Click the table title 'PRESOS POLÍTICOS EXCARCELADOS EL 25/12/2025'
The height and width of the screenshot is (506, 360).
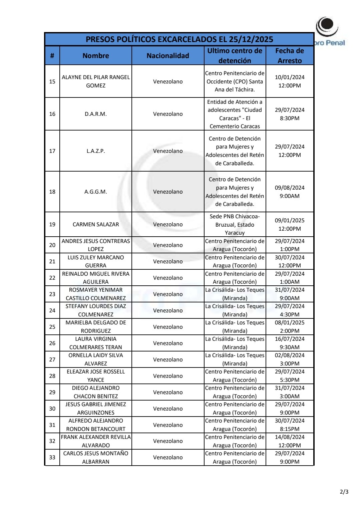[x=179, y=39]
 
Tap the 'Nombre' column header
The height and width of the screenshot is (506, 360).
[x=96, y=56]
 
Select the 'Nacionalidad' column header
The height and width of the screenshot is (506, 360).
[x=168, y=56]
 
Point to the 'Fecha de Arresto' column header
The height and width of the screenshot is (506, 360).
[x=290, y=56]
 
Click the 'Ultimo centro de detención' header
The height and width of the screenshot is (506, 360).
[x=235, y=56]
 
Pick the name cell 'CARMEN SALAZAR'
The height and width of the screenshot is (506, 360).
[x=96, y=225]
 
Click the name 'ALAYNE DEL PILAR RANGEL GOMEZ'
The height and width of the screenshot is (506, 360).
[x=96, y=81]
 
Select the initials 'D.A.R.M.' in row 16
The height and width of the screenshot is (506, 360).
[x=96, y=114]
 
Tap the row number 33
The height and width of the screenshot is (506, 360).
[x=52, y=457]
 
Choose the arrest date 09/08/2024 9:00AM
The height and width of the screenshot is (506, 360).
[x=290, y=192]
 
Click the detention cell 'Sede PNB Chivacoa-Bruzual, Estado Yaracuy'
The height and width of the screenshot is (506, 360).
[x=235, y=225]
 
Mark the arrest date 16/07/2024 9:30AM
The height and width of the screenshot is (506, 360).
[x=290, y=343]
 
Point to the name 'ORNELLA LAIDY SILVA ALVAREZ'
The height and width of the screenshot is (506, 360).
[x=96, y=359]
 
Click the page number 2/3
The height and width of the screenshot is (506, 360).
[x=344, y=492]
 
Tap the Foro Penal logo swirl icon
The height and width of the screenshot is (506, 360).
[x=327, y=26]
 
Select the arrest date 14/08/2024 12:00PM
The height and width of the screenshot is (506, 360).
[x=290, y=441]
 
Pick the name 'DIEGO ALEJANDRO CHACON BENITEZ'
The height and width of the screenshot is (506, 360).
[x=96, y=392]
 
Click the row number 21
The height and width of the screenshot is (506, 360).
[x=52, y=261]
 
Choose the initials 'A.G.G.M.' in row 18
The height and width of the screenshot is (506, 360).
[x=96, y=192]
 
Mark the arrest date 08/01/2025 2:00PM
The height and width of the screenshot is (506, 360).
[x=290, y=327]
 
